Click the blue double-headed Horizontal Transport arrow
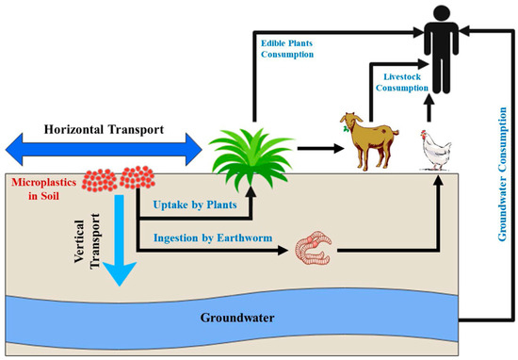pyautogui.click(x=103, y=147)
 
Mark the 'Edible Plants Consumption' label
pyautogui.click(x=299, y=47)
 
